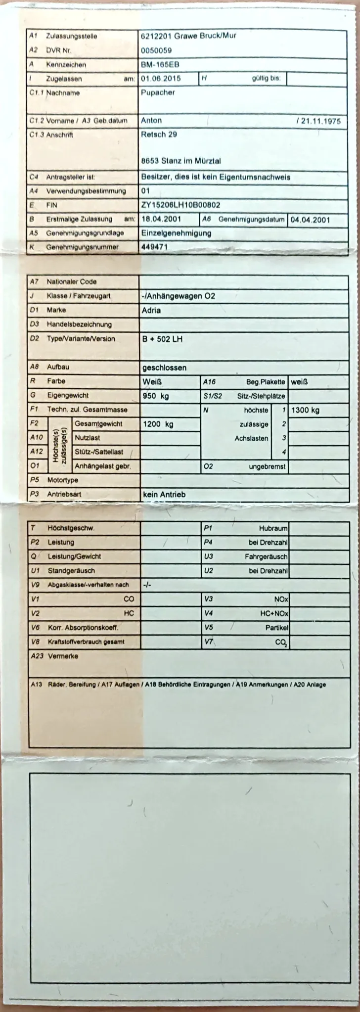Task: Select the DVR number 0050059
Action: click(x=156, y=50)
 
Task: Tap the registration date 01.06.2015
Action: click(x=161, y=79)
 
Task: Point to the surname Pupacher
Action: click(x=158, y=92)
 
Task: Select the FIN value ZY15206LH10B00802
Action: click(x=180, y=205)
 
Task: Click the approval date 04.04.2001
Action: click(x=310, y=220)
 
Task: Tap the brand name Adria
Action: click(x=151, y=311)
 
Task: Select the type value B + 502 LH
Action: click(x=162, y=339)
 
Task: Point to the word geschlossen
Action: click(x=164, y=368)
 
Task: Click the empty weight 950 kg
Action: click(x=155, y=396)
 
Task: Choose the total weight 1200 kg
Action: click(x=158, y=424)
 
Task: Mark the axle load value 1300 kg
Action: click(x=305, y=410)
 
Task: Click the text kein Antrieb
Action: click(x=164, y=494)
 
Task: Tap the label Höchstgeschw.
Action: click(x=71, y=528)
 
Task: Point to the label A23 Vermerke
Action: click(x=54, y=656)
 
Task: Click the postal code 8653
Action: click(x=150, y=161)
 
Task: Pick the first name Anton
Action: click(x=151, y=121)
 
